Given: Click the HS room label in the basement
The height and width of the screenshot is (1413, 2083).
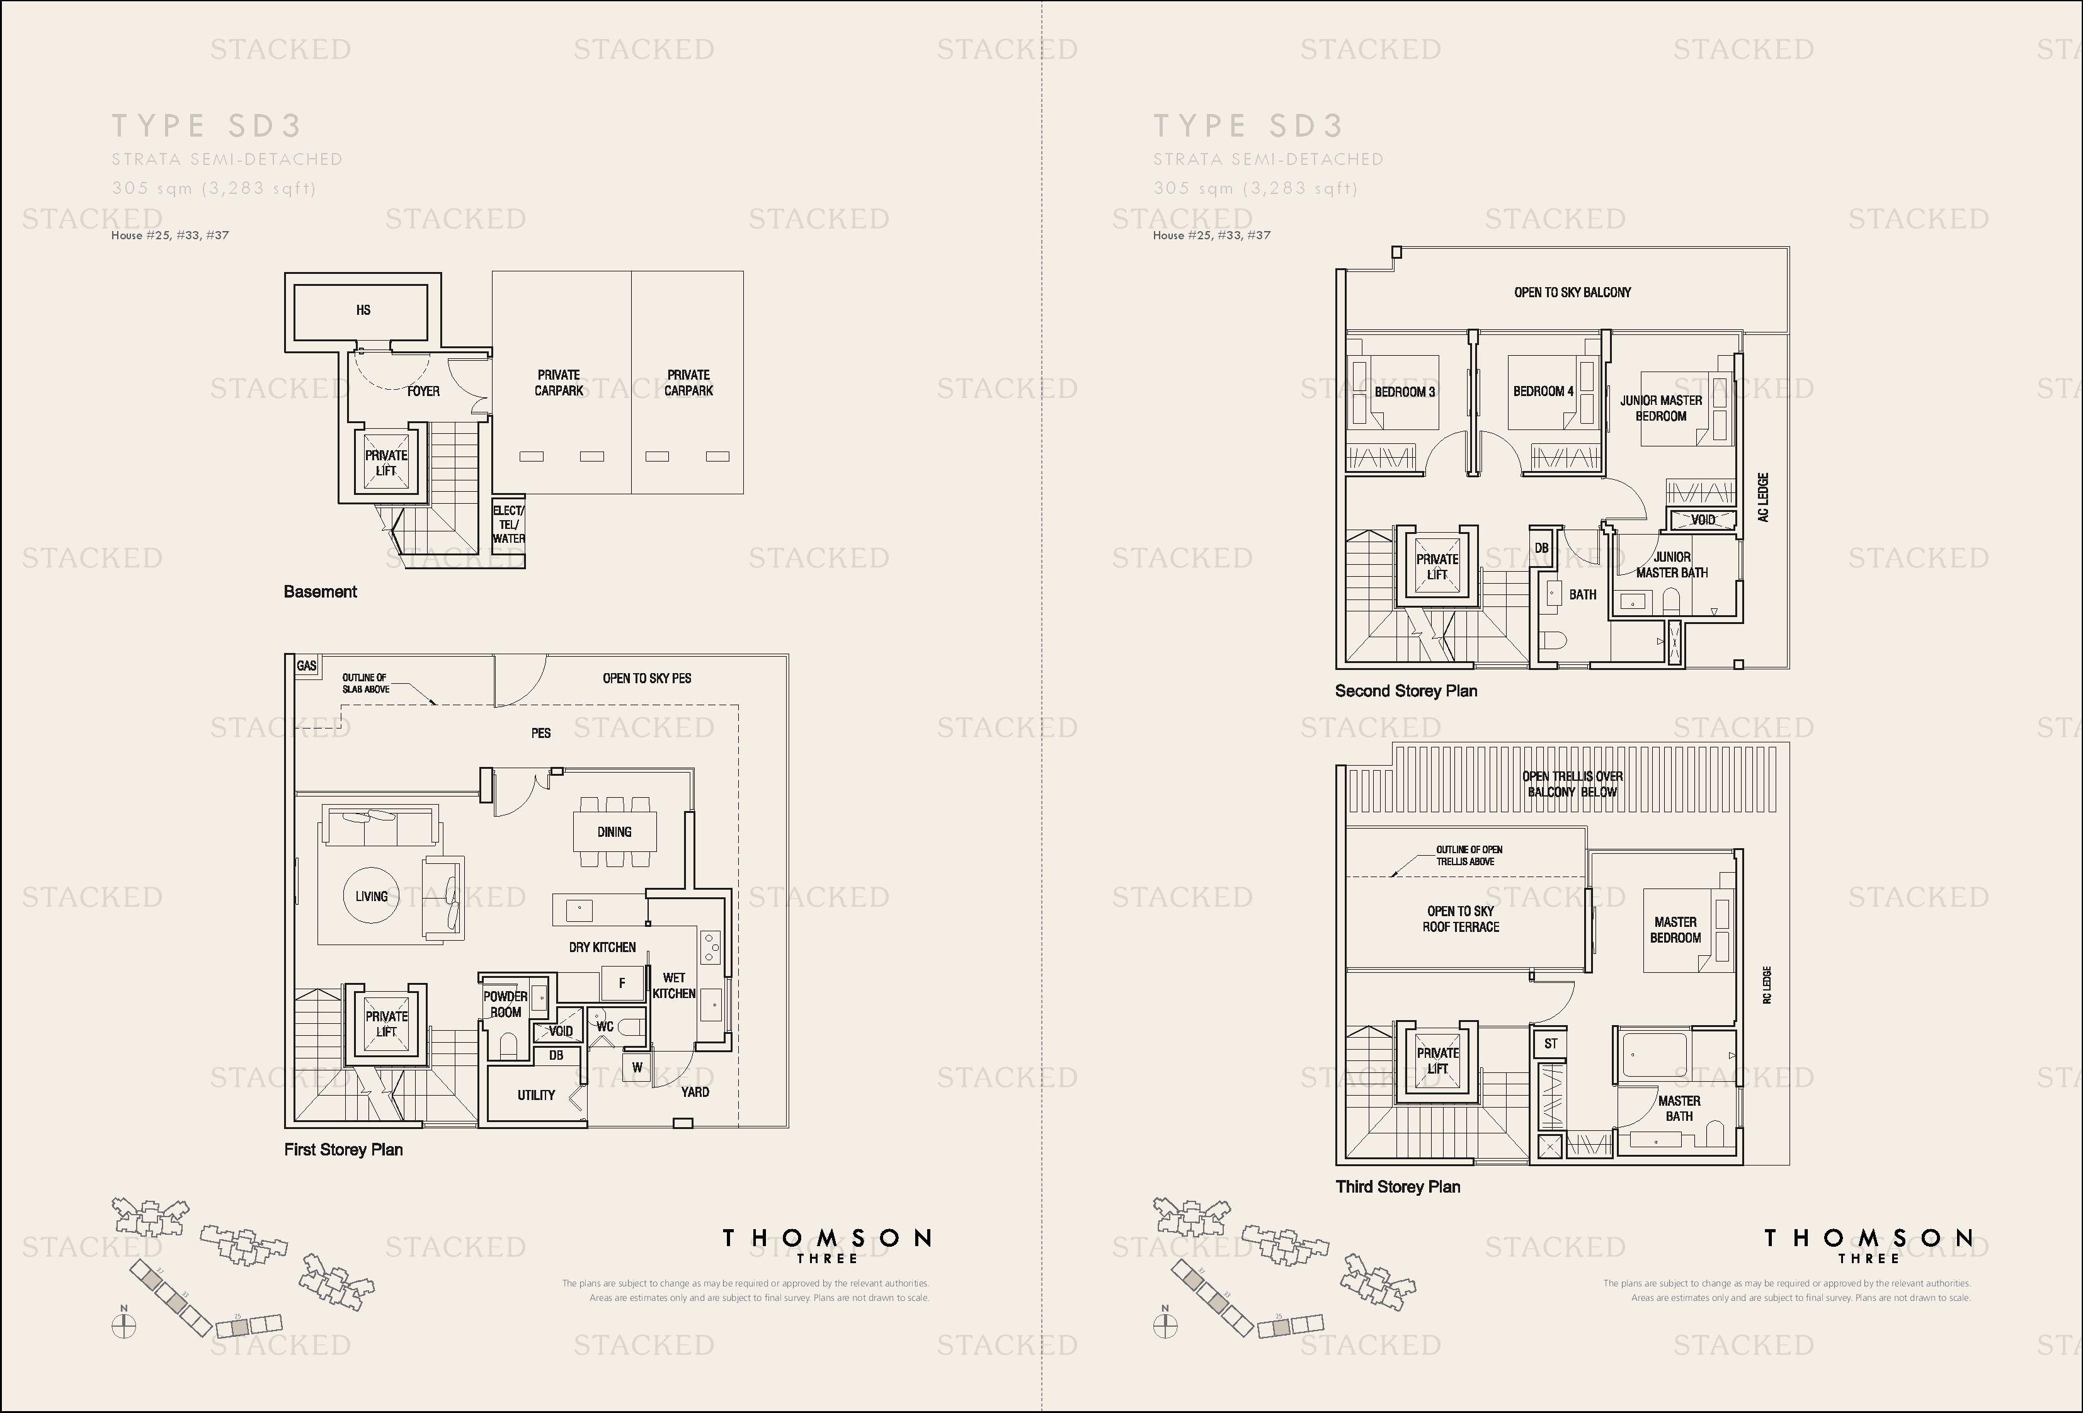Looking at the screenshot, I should pos(363,310).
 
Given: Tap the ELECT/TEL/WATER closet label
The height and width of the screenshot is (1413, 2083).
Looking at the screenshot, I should pos(508,524).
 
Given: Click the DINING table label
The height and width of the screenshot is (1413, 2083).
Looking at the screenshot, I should pos(615,832).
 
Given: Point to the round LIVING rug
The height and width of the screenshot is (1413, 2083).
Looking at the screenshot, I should pos(371,896).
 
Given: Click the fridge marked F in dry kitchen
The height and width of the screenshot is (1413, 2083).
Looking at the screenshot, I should pos(622,983).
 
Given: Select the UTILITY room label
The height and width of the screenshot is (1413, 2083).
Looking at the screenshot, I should pos(536,1095).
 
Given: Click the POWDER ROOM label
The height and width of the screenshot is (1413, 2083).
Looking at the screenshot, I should pos(506,1004).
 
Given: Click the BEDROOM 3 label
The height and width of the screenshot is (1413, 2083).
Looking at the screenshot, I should pos(1405,392).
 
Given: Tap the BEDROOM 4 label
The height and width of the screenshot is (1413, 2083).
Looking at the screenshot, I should pos(1543,392).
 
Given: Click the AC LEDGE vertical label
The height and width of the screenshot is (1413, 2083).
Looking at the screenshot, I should pos(1763,498).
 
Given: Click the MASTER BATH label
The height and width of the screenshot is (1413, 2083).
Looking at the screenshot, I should pos(1679,1108).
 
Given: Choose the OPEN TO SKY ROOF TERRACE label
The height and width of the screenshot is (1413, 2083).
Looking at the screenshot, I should pos(1460,919).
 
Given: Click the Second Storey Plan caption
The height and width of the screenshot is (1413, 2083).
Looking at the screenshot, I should pos(1405,691).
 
